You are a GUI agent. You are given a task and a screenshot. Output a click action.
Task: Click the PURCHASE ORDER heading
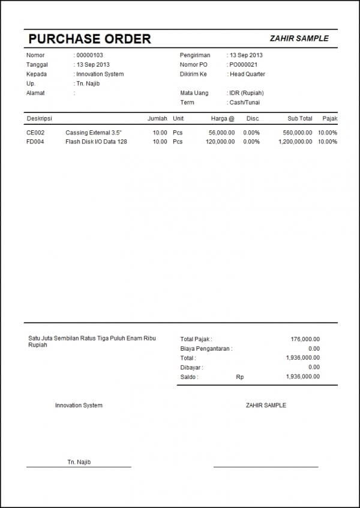89,39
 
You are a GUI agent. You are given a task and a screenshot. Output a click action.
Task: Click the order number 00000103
90,55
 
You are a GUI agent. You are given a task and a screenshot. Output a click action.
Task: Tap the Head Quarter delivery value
247,74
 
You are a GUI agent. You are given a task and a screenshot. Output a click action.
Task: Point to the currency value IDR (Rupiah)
247,93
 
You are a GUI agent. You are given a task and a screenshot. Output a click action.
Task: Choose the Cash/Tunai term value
245,103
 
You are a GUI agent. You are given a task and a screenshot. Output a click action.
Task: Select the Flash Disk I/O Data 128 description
96,142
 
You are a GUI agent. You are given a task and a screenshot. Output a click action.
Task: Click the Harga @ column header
223,119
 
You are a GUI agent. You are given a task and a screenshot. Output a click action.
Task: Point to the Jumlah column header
157,119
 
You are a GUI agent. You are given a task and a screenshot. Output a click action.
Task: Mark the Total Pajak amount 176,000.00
305,339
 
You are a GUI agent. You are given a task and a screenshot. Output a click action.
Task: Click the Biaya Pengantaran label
206,348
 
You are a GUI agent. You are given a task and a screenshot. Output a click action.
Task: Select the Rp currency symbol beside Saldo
240,376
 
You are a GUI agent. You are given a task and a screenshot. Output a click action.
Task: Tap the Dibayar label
191,367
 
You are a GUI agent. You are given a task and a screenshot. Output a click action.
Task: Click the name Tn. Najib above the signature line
79,462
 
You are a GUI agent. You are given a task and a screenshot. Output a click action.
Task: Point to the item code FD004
35,142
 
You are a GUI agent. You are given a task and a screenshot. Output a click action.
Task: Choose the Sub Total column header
300,119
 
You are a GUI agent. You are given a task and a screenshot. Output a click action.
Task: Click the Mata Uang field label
193,93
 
